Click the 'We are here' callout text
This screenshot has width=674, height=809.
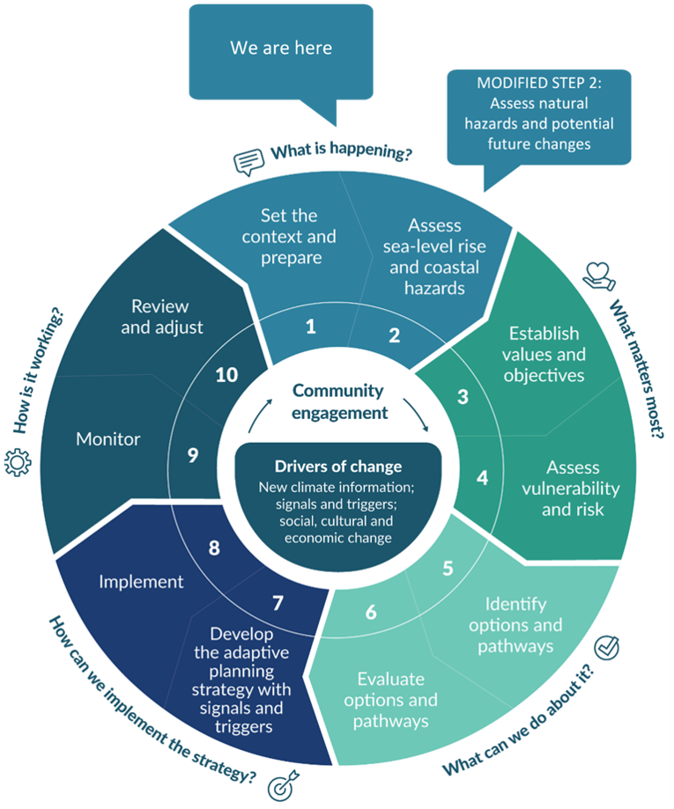pyautogui.click(x=281, y=48)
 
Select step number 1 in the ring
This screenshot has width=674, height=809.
pyautogui.click(x=310, y=327)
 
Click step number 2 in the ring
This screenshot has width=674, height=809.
pyautogui.click(x=394, y=335)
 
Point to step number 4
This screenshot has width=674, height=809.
pyautogui.click(x=482, y=478)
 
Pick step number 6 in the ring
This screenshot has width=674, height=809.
pyautogui.click(x=371, y=612)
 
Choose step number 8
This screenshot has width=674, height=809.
pyautogui.click(x=214, y=548)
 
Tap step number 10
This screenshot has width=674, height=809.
pyautogui.click(x=226, y=375)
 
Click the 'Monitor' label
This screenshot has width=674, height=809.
pyautogui.click(x=108, y=438)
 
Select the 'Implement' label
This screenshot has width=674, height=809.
pyautogui.click(x=141, y=581)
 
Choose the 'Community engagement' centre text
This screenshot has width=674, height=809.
pyautogui.click(x=338, y=401)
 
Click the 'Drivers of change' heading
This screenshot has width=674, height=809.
pyautogui.click(x=338, y=467)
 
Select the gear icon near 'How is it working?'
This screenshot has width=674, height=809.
pyautogui.click(x=18, y=462)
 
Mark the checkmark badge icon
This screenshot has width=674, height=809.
pyautogui.click(x=607, y=650)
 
